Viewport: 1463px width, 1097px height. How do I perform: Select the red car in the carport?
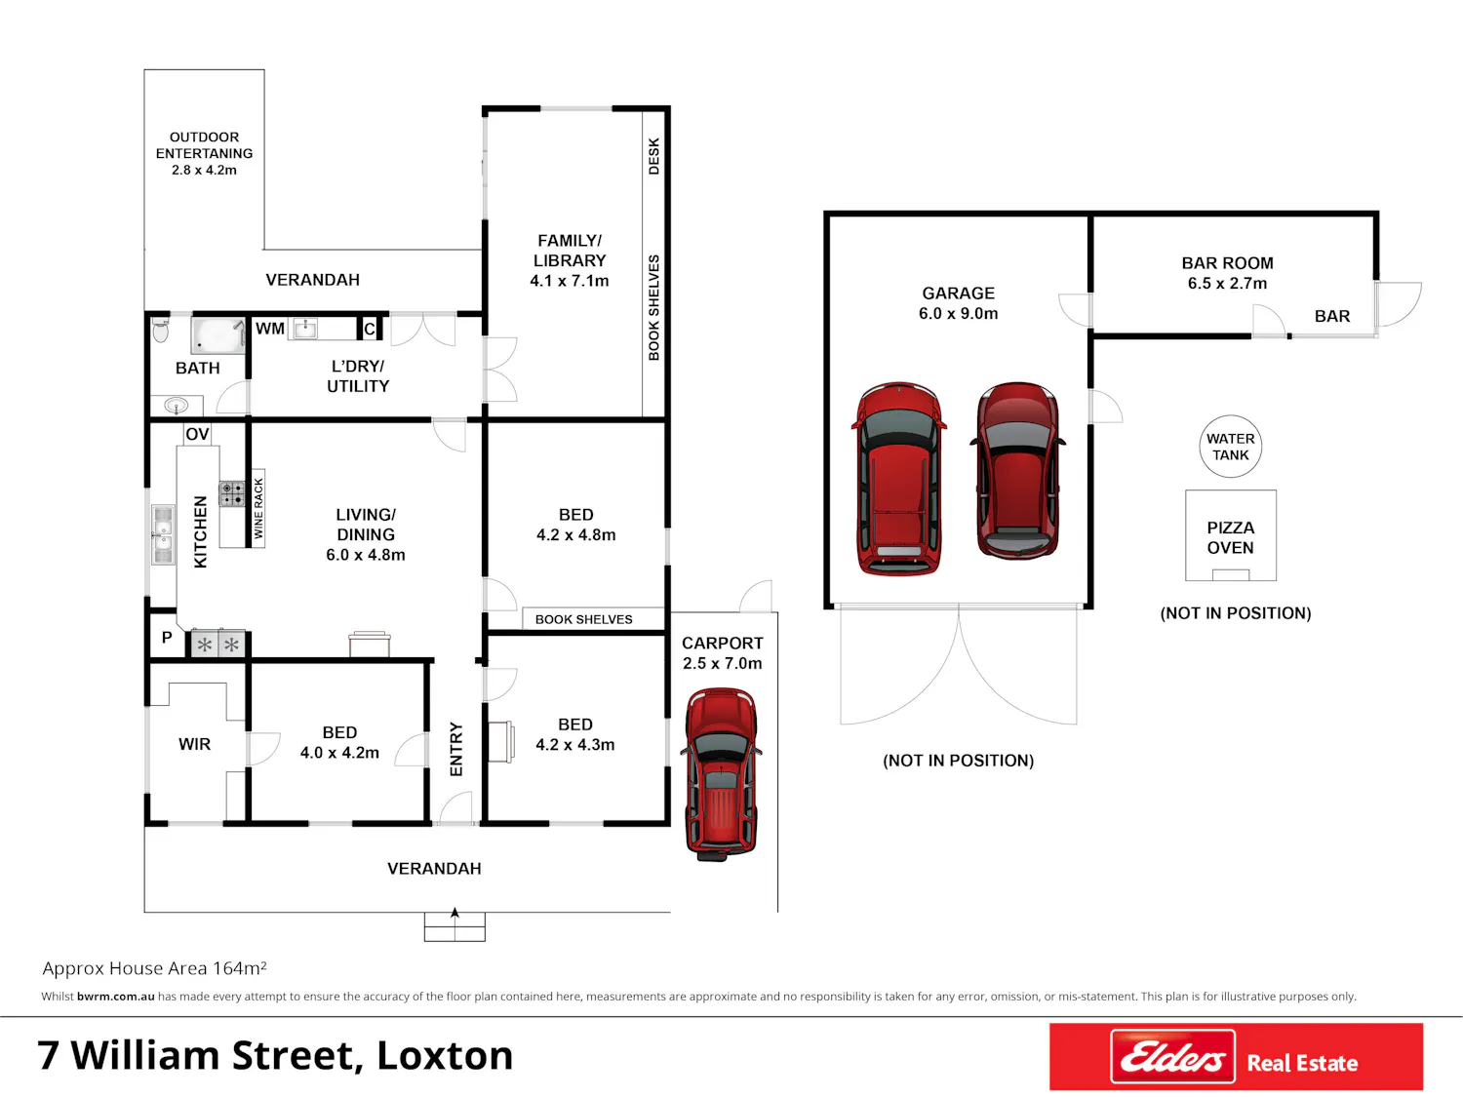721,774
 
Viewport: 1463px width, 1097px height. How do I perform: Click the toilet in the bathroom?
161,330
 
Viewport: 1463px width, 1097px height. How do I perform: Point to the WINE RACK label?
258,508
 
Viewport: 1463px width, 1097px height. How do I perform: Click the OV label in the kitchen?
197,434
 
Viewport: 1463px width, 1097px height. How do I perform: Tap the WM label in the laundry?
270,329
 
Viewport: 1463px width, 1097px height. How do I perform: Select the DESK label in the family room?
653,157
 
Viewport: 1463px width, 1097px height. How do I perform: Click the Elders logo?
1172,1056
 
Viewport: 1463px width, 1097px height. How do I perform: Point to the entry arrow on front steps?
455,913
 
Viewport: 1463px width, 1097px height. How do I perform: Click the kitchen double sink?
163,535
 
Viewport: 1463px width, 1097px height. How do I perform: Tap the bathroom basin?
176,405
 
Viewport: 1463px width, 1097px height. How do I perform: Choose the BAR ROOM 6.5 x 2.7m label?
1227,273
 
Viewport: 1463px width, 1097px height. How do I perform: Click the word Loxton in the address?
445,1056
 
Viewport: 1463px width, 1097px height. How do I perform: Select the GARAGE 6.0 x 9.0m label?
959,303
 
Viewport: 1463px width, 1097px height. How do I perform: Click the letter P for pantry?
167,638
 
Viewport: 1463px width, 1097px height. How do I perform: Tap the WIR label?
195,744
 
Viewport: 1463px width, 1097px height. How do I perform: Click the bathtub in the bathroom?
217,335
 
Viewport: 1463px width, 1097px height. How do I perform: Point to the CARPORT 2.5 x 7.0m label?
722,652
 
